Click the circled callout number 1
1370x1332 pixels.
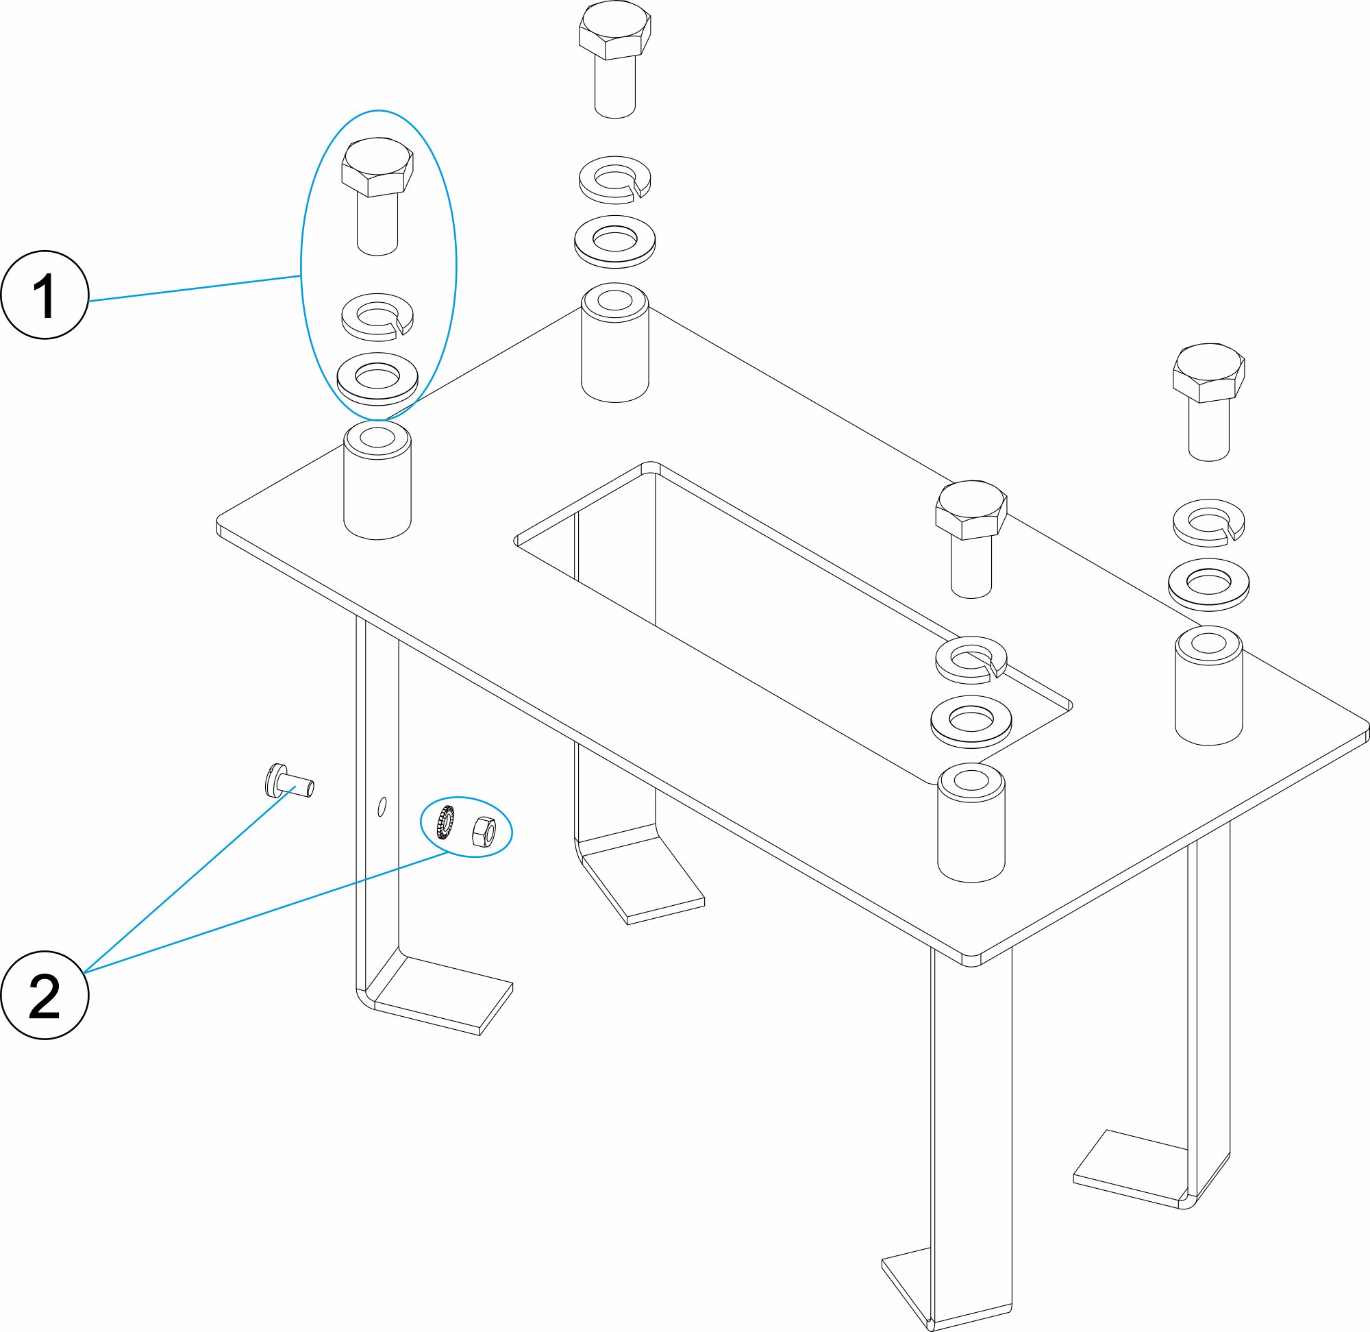pyautogui.click(x=45, y=295)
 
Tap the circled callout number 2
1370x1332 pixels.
pyautogui.click(x=45, y=995)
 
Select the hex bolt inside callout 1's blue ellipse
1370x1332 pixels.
pyautogui.click(x=377, y=197)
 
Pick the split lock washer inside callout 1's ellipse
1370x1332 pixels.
pyautogui.click(x=377, y=316)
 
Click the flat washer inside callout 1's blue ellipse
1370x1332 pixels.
pyautogui.click(x=377, y=378)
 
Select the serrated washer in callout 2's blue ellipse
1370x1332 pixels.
pyautogui.click(x=445, y=823)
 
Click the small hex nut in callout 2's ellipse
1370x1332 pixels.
pyautogui.click(x=484, y=832)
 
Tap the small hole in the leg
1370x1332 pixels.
pyautogui.click(x=382, y=806)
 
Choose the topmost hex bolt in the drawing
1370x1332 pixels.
pyautogui.click(x=614, y=60)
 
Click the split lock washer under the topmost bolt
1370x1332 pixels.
pyautogui.click(x=614, y=180)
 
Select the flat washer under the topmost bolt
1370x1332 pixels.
pyautogui.click(x=614, y=241)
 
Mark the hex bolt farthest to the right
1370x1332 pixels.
pyautogui.click(x=1208, y=402)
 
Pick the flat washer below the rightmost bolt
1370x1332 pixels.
pyautogui.click(x=1208, y=584)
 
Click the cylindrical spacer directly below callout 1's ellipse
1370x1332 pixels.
pyautogui.click(x=377, y=480)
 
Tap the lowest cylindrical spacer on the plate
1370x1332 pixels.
pyautogui.click(x=971, y=822)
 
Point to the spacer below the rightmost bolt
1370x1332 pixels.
pyautogui.click(x=1208, y=686)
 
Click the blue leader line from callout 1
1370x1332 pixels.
pyautogui.click(x=195, y=289)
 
